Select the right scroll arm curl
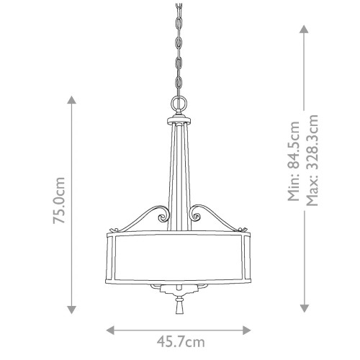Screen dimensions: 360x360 point(197,214)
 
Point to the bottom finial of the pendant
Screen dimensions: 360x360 point(179,306)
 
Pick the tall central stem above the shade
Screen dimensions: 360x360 point(179,173)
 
